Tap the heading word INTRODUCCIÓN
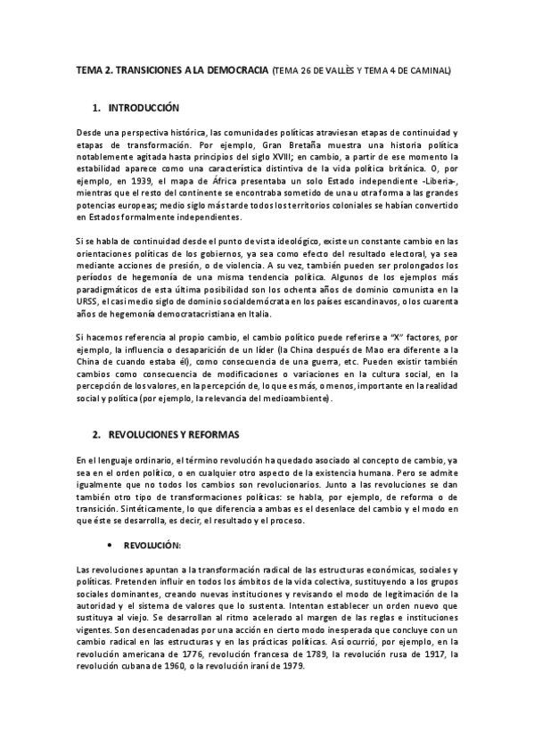coord(143,108)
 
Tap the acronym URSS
coord(87,302)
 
